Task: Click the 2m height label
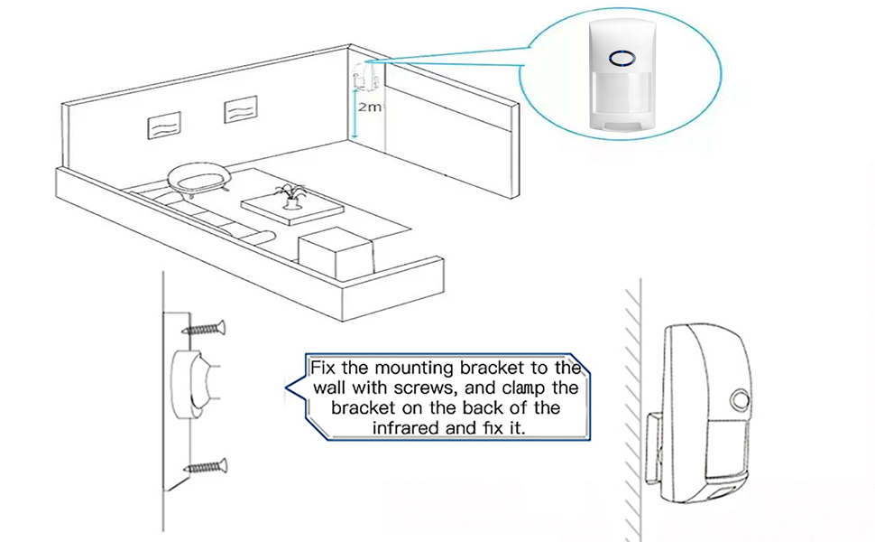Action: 370,107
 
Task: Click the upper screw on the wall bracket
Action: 204,329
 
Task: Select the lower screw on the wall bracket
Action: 205,467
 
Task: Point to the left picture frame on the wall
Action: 163,124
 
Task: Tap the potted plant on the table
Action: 290,196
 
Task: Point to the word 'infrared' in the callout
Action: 407,427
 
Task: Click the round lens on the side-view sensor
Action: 741,400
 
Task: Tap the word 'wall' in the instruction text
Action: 331,388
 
